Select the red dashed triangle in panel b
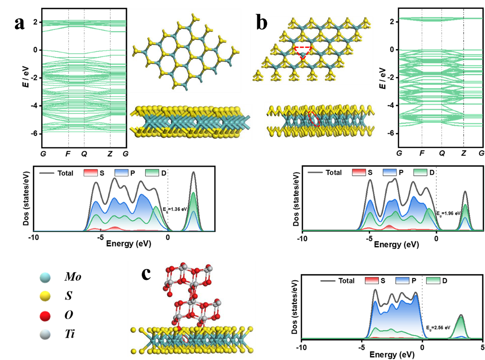click(303, 52)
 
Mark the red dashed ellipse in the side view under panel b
click(314, 119)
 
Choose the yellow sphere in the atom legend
click(45, 296)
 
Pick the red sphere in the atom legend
click(45, 316)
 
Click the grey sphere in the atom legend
click(45, 334)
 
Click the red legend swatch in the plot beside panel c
click(372, 280)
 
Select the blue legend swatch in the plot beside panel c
click(402, 280)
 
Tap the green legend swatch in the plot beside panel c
click(433, 280)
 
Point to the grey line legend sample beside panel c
click(328, 281)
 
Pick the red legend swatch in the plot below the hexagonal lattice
click(91, 173)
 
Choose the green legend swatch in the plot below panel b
click(420, 172)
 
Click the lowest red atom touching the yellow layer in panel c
click(178, 329)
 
